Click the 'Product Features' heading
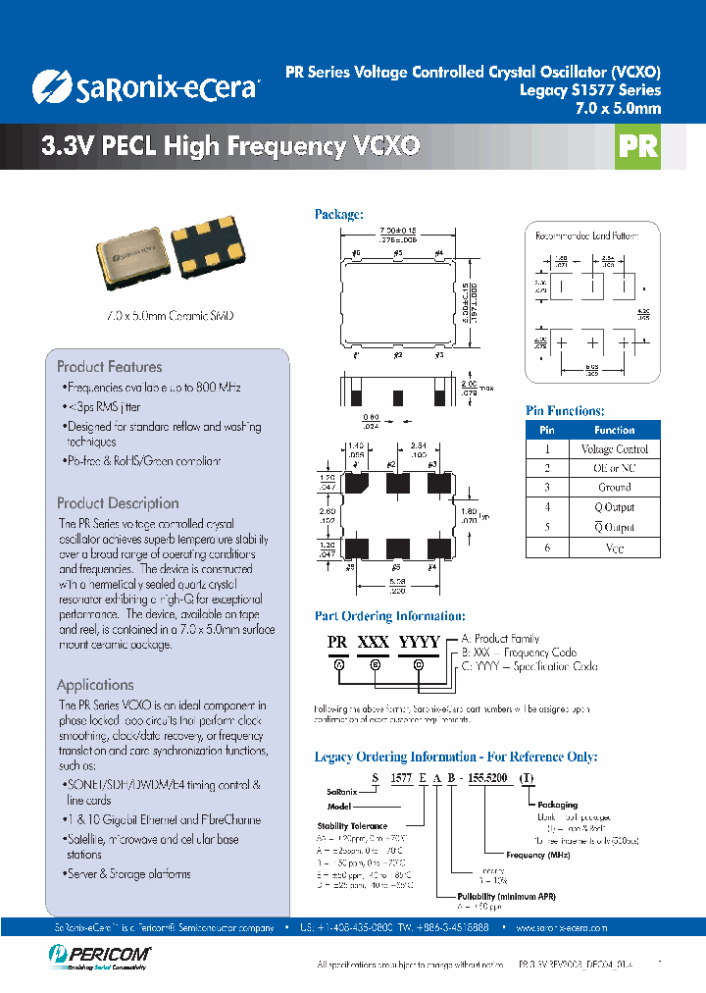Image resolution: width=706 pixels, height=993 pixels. pos(108,366)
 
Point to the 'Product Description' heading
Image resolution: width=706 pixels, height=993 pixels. pos(118,503)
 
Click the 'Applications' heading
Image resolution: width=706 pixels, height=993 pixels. pos(95,685)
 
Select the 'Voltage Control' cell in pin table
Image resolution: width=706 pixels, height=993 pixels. pos(615,449)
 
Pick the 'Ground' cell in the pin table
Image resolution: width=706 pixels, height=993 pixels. pos(615,488)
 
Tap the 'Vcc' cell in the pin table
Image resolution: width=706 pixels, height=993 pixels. pos(615,549)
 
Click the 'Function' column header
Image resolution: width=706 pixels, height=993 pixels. pos(615,430)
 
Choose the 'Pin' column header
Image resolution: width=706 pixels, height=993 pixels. pos(547,430)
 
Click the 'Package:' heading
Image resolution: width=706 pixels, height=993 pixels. pos(338,214)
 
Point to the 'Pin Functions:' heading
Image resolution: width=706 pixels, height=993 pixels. pos(565,411)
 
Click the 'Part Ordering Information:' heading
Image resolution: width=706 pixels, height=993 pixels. pos(389,616)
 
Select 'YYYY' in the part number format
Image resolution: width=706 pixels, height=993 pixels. pos(418,642)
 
